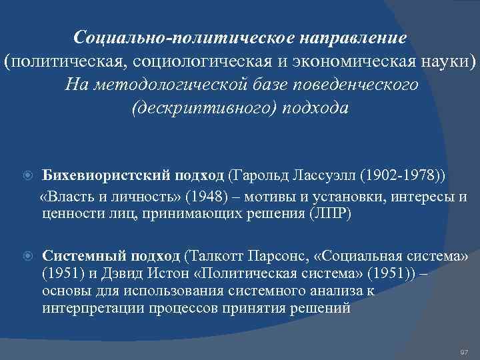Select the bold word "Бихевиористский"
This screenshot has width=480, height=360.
[x=107, y=175]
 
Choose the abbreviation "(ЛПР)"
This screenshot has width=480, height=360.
[x=331, y=213]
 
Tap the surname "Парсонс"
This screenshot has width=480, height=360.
[x=275, y=256]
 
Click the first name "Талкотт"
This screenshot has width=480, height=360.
[x=215, y=256]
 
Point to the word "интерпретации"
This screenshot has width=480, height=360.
[x=84, y=308]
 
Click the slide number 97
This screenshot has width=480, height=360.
[x=465, y=351]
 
